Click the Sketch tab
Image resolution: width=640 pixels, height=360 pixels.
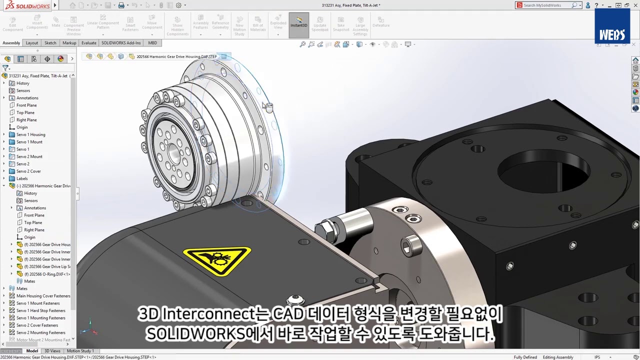coord(50,43)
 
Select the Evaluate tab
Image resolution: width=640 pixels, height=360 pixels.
coord(88,43)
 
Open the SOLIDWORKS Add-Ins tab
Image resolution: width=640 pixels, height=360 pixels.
coord(121,43)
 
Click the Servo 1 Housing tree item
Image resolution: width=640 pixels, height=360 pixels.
coord(30,134)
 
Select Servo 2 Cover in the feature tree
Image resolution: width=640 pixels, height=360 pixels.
coord(28,171)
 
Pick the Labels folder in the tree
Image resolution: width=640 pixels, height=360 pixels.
coord(22,178)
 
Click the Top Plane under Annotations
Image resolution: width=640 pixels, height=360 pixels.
coord(25,112)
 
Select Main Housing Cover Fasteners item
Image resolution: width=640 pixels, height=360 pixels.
coord(43,296)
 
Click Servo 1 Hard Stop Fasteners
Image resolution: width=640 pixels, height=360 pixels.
coord(40,310)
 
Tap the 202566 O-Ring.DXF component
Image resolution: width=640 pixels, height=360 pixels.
coord(49,274)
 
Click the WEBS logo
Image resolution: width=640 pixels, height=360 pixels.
coord(612,34)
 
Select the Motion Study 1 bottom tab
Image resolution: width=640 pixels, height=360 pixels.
coord(80,351)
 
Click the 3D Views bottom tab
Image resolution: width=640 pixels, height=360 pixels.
coord(52,351)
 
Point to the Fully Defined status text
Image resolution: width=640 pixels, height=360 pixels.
coord(525,357)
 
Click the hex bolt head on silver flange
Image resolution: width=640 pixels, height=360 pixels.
coord(327,229)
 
